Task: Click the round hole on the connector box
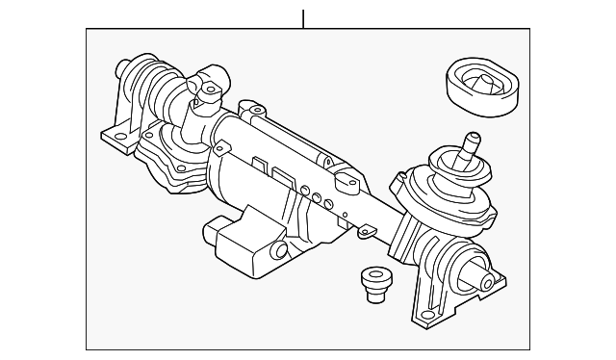tap(281, 252)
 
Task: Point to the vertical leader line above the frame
tap(303, 17)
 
